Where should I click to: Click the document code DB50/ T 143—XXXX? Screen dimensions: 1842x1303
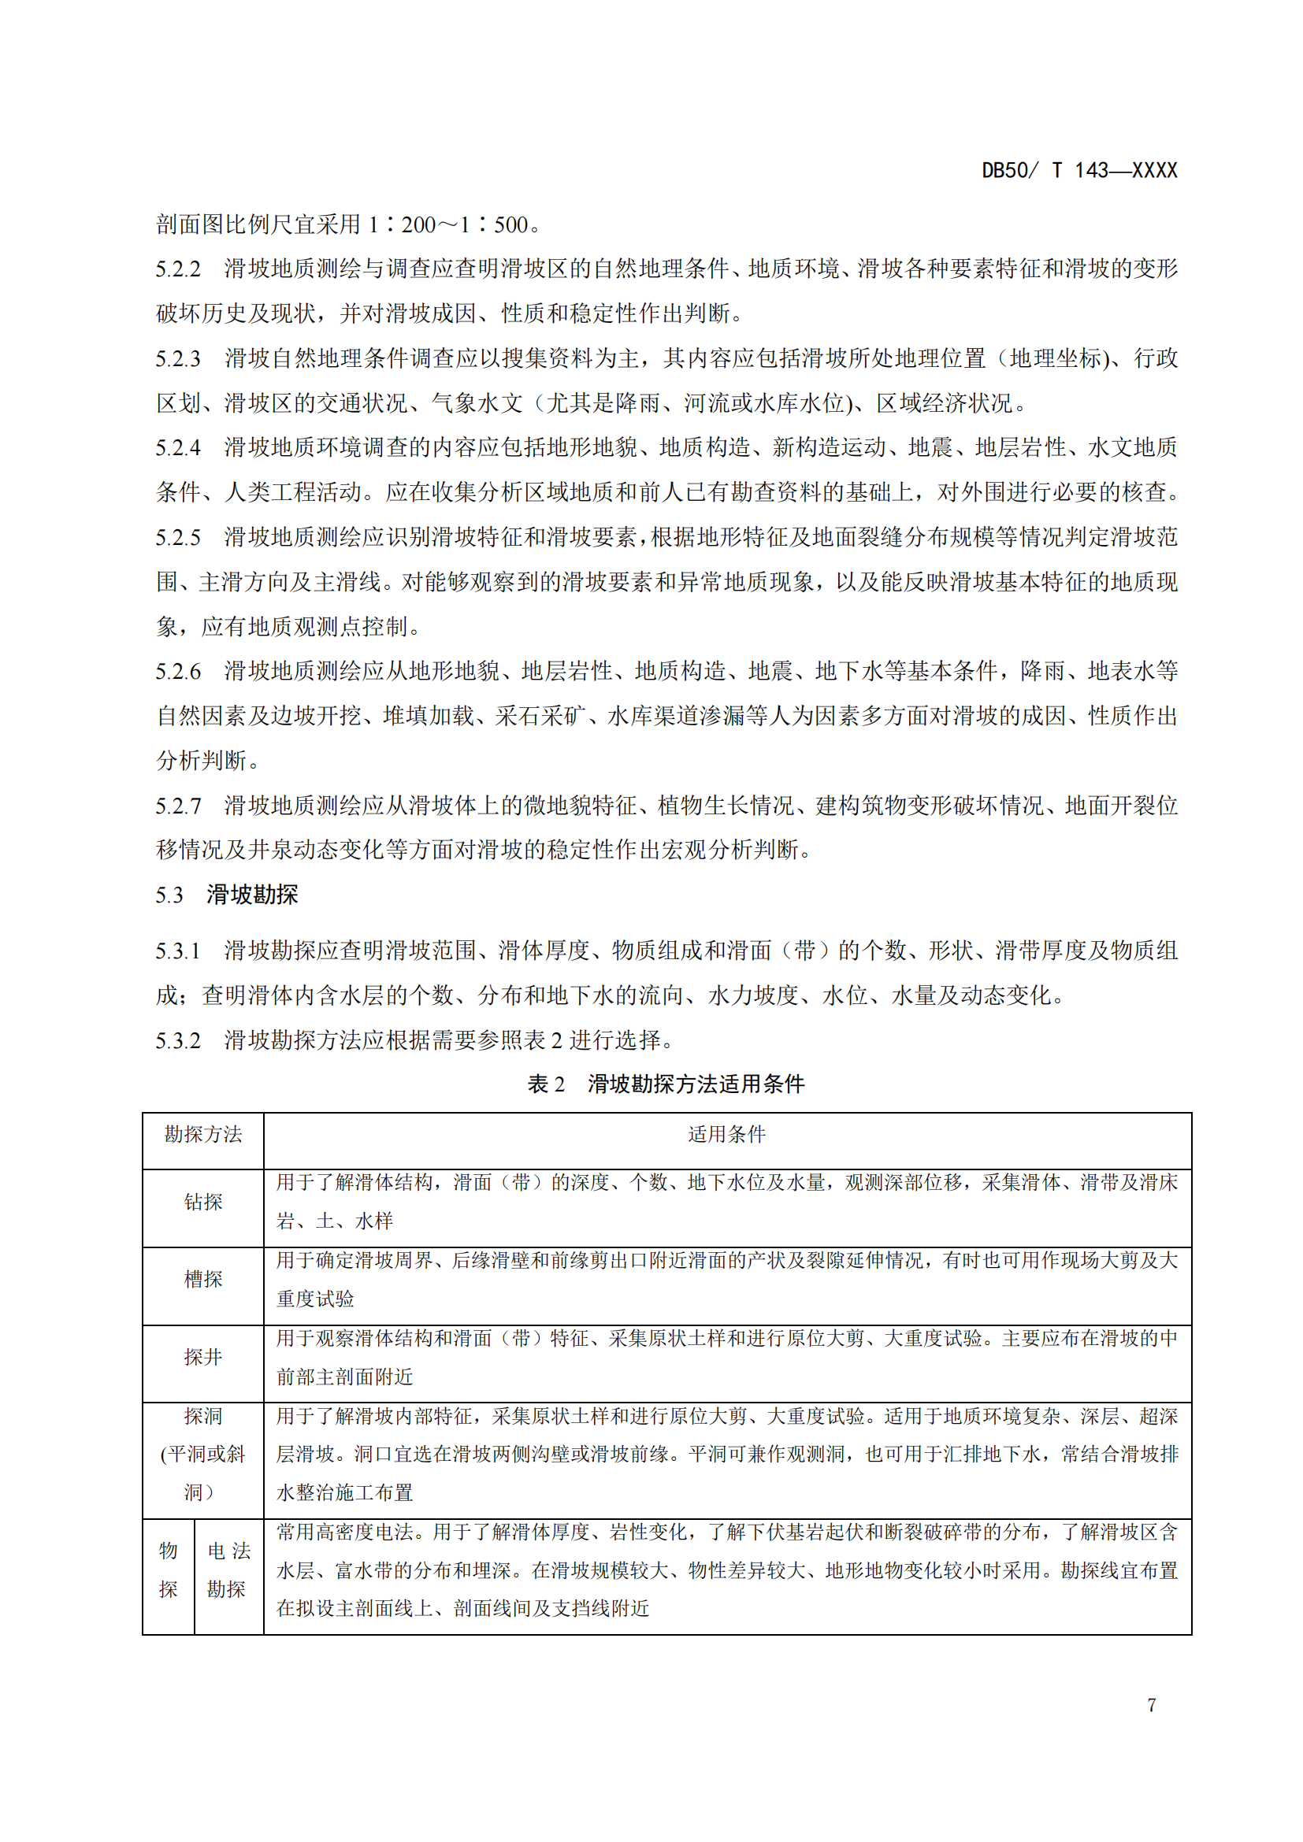click(1078, 170)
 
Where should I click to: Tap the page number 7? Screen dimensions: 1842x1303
click(1152, 1705)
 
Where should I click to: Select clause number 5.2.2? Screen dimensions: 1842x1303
click(178, 269)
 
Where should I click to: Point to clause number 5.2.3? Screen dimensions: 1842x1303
click(178, 358)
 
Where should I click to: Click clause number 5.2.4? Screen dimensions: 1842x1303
click(178, 447)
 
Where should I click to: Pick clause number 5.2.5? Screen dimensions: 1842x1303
click(178, 538)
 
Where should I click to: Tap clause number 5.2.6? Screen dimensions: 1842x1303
click(178, 672)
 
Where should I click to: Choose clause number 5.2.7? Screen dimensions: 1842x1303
click(178, 806)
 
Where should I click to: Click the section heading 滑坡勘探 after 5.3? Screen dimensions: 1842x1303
click(252, 895)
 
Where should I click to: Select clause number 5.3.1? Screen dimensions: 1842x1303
click(178, 951)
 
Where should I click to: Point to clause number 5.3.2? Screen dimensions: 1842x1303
click(178, 1040)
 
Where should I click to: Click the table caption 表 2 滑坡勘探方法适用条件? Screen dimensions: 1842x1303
click(665, 1084)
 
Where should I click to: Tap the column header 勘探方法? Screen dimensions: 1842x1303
click(203, 1134)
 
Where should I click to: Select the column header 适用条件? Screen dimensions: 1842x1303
click(727, 1134)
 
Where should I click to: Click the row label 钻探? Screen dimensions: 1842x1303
click(203, 1202)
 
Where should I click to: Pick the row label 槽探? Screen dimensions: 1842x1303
click(203, 1279)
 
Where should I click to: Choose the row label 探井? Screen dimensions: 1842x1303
click(203, 1357)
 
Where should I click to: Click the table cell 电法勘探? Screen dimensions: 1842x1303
click(228, 1570)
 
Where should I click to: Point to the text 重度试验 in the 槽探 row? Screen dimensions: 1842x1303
click(315, 1299)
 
